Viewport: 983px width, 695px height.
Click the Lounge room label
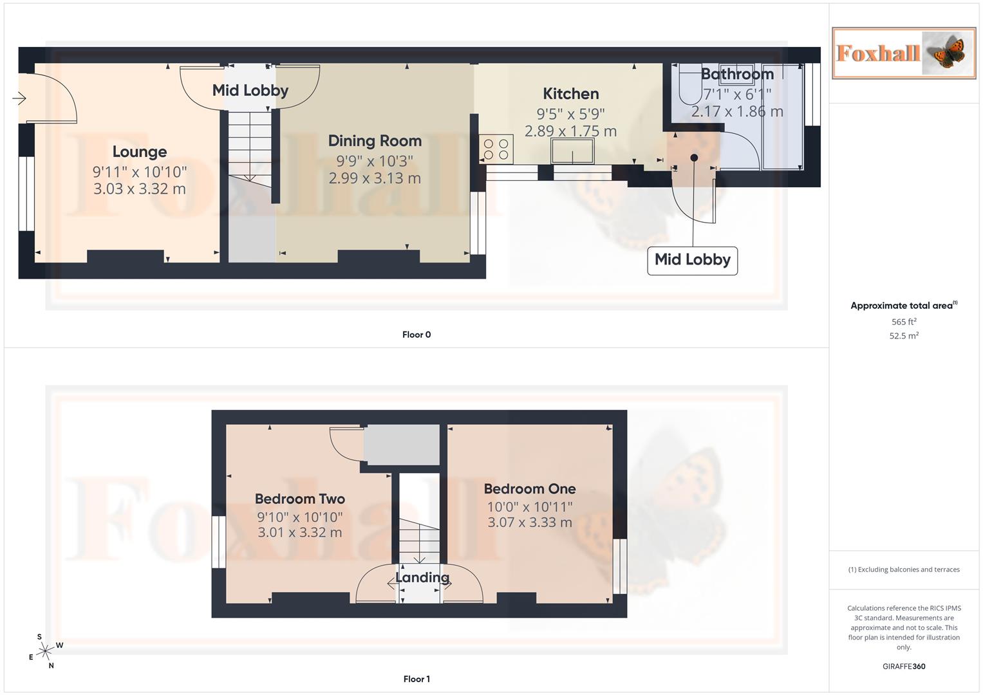140,152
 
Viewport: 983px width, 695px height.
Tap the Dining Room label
375,141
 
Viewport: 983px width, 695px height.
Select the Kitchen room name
570,94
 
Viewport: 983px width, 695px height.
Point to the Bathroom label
737,75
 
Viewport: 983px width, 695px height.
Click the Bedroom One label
530,489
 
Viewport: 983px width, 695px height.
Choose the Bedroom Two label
300,499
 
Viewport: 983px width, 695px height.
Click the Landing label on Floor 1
422,577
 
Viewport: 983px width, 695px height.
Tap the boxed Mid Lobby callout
692,260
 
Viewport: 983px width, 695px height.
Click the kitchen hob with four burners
496,149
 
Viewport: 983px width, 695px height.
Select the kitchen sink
572,152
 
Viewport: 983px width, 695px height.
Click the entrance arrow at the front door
19,98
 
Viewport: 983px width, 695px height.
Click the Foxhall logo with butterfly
904,53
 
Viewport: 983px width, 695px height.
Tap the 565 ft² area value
904,322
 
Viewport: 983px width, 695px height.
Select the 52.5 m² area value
904,336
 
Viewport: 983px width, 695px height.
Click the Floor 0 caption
417,335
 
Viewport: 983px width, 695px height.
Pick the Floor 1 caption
417,679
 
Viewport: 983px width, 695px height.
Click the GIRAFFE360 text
904,667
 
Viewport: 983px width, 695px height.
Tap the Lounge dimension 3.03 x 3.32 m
140,189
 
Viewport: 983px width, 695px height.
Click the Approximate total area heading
903,306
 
